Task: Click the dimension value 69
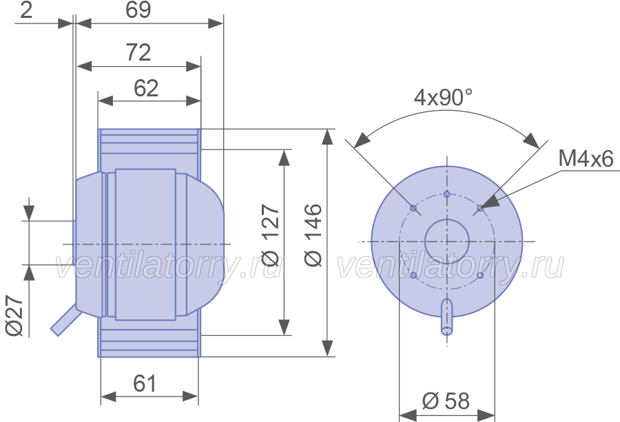[138, 10]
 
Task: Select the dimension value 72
[138, 52]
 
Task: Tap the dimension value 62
[146, 88]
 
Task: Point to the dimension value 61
[145, 383]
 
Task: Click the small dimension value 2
[26, 10]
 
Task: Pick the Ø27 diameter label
[15, 316]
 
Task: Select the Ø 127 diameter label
[271, 235]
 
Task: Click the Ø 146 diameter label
[313, 235]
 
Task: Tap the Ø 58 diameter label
[446, 401]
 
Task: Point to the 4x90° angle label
[443, 97]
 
